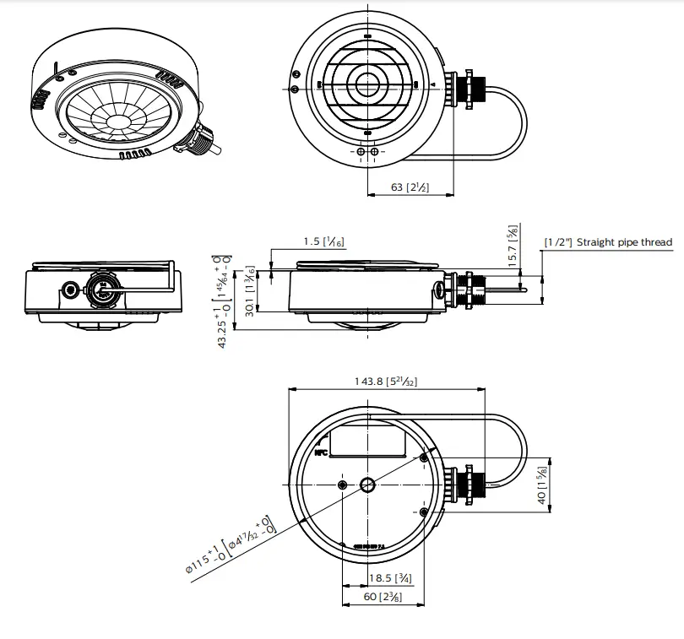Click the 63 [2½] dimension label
click(x=410, y=187)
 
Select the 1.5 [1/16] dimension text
click(x=323, y=242)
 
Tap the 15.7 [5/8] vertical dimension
click(x=512, y=246)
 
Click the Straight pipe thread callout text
click(x=608, y=242)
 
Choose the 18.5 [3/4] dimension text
click(x=390, y=578)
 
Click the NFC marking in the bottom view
click(x=321, y=452)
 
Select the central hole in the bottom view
click(x=370, y=485)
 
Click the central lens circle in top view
click(x=367, y=84)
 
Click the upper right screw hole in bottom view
click(x=424, y=458)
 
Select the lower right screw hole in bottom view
click(x=424, y=512)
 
